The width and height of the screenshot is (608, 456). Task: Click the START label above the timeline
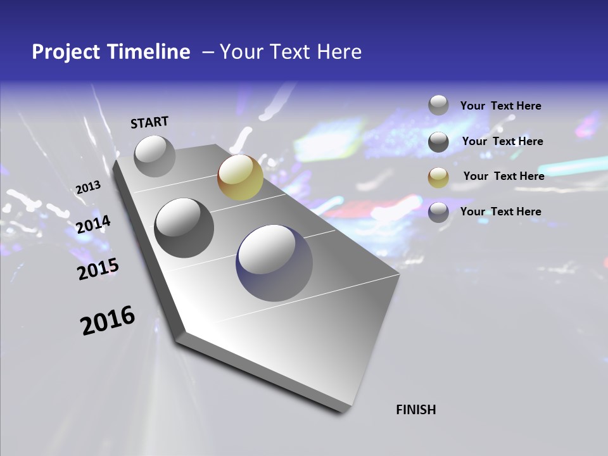(149, 122)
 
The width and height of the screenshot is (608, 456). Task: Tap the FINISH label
(416, 410)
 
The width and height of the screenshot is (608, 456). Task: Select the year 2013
(88, 187)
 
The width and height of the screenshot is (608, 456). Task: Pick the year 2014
(93, 224)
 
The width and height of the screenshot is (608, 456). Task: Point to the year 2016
(108, 320)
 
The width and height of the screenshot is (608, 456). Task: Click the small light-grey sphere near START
(155, 156)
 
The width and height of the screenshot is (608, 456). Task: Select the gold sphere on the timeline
(240, 177)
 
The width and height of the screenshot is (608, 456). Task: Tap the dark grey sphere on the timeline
(184, 227)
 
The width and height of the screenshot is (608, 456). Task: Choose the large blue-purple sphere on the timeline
(274, 263)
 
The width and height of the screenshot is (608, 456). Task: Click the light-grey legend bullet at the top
(438, 105)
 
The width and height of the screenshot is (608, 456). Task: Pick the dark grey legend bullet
(438, 142)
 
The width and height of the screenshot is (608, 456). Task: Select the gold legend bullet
(438, 177)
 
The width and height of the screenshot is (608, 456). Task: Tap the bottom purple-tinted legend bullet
(438, 212)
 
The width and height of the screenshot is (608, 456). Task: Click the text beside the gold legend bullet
(503, 176)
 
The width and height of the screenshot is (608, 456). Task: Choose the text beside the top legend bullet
(500, 106)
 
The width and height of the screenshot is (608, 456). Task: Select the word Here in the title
(339, 52)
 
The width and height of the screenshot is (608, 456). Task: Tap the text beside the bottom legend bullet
(500, 212)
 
